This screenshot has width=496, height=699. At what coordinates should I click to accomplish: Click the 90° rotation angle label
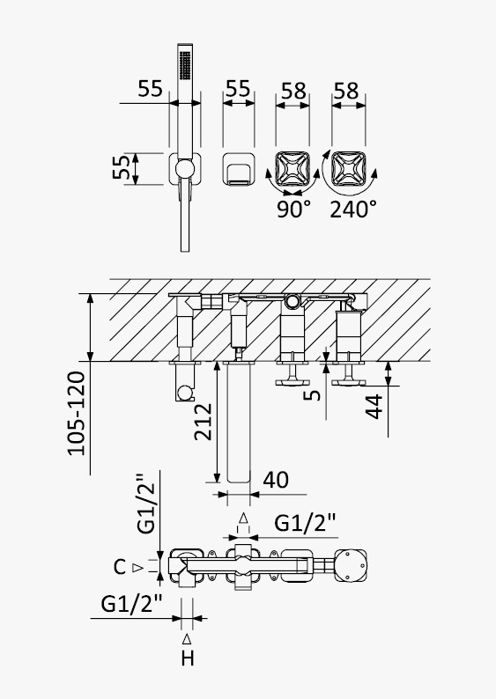[293, 209]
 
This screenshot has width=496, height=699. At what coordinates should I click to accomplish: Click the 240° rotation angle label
[353, 209]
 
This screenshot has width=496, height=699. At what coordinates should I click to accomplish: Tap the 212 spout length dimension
[203, 422]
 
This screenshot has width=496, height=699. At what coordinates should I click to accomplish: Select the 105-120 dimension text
[77, 413]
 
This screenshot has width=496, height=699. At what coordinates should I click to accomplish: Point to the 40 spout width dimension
[276, 480]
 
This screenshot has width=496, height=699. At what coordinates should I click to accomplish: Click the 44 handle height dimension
[374, 406]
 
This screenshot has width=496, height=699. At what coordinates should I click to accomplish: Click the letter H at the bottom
[188, 659]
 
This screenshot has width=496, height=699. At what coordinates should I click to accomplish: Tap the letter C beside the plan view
[120, 567]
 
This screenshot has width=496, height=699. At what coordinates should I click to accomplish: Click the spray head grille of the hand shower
[185, 65]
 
